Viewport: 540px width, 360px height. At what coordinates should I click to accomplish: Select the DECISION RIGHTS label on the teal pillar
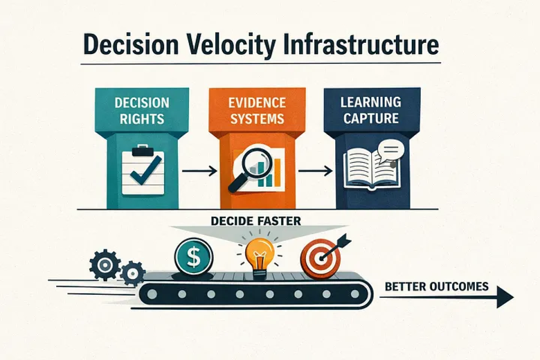141,111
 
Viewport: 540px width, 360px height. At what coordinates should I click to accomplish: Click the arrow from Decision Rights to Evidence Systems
198,171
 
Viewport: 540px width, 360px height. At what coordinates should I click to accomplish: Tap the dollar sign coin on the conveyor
194,256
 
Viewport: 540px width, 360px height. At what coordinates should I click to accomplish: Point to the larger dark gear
105,264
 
